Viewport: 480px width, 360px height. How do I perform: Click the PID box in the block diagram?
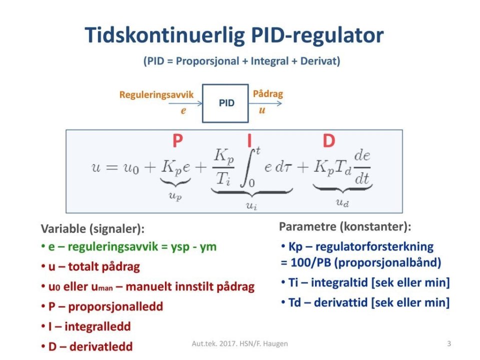(225, 103)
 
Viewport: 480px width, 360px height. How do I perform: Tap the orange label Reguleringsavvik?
(156, 95)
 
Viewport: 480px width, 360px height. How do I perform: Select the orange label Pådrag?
(268, 93)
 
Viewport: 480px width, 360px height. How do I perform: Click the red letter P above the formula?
(177, 140)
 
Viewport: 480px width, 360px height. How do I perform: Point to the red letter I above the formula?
(249, 140)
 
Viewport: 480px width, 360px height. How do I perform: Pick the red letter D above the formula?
(329, 141)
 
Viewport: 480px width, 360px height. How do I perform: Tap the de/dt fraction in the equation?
(362, 167)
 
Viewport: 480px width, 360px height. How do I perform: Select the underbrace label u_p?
(175, 195)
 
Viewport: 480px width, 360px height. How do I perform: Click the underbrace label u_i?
(251, 205)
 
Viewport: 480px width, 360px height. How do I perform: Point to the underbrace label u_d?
(342, 202)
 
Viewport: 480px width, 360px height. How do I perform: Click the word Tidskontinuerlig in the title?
(164, 35)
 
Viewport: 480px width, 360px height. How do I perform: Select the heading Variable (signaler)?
(92, 229)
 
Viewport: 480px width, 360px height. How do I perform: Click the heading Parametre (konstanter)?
(345, 227)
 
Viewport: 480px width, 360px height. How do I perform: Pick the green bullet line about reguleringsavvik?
(129, 246)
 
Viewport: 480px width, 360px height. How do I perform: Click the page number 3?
(449, 343)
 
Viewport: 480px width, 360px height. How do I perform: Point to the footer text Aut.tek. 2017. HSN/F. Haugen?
(239, 344)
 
